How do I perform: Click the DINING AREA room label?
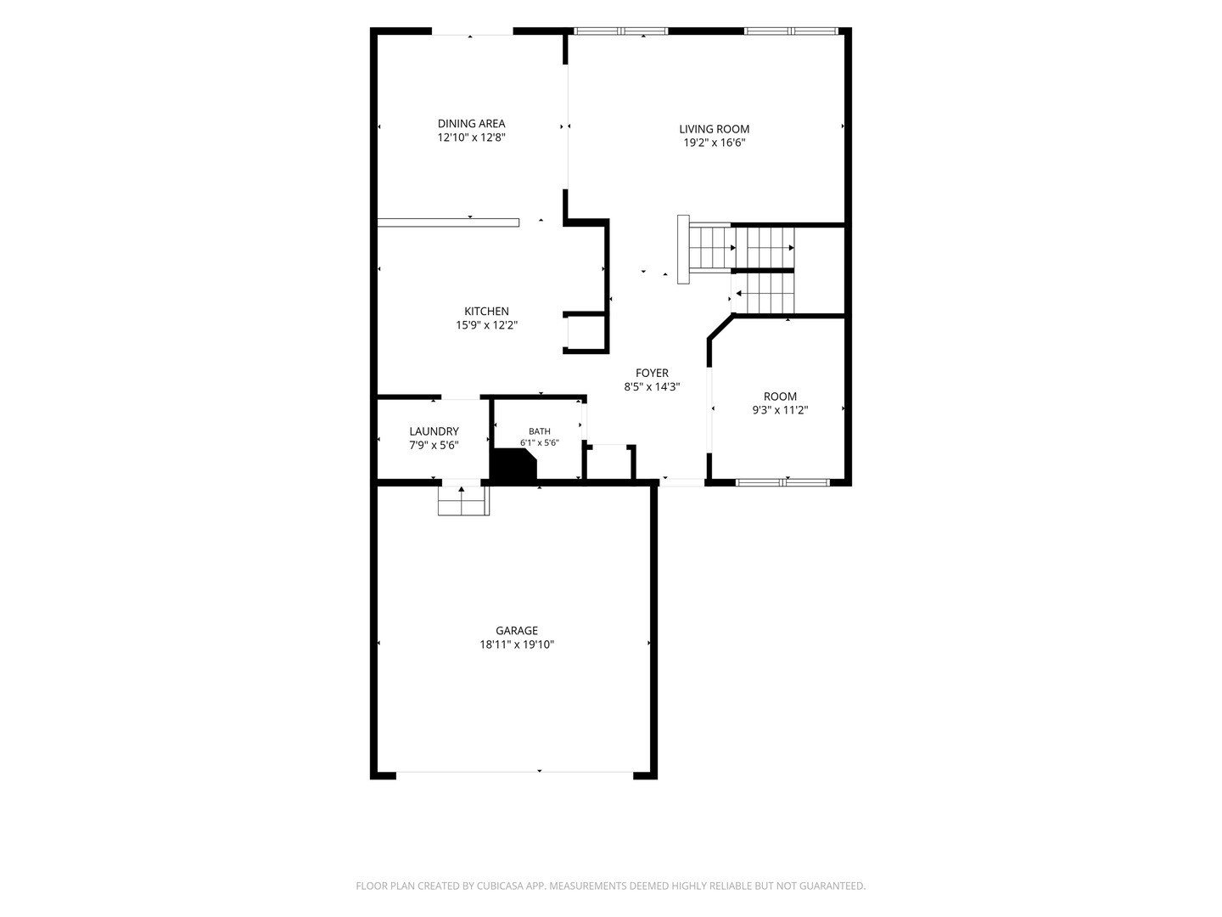click(471, 124)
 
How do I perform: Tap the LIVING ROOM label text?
click(715, 129)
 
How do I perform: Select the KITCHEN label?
click(486, 312)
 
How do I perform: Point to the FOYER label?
click(652, 373)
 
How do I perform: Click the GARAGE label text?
click(517, 630)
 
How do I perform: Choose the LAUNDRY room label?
click(434, 431)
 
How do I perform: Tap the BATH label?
click(540, 431)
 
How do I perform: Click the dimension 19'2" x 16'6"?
click(715, 143)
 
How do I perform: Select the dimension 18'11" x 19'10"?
click(517, 644)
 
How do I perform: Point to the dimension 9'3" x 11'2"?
click(780, 410)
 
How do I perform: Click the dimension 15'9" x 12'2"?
click(486, 325)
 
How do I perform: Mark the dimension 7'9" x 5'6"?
click(434, 446)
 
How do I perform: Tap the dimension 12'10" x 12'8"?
click(471, 138)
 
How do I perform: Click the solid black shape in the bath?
click(513, 464)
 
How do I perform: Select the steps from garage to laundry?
click(463, 501)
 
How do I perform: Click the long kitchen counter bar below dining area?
click(448, 222)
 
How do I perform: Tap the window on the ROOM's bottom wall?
click(782, 483)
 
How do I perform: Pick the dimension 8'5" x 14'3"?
click(652, 387)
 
